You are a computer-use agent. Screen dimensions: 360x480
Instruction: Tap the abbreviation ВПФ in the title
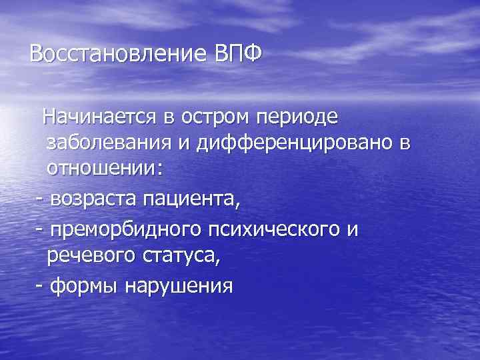coord(238,53)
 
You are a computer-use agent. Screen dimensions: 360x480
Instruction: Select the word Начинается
coord(99,118)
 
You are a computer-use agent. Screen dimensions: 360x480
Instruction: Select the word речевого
coord(89,255)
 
